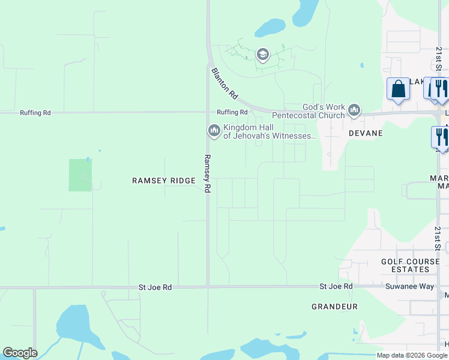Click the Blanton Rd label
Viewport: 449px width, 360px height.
(x=225, y=83)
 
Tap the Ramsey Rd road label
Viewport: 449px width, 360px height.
(x=207, y=174)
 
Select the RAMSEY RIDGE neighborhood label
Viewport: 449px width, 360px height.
(x=164, y=181)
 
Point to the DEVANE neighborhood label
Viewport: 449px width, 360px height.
(x=366, y=133)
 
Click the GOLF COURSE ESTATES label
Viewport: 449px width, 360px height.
(x=406, y=266)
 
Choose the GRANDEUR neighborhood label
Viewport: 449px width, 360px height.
(x=334, y=307)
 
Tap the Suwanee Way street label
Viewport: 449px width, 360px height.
(x=409, y=287)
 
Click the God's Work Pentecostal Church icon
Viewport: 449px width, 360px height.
(x=354, y=110)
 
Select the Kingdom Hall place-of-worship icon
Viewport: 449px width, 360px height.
(x=214, y=131)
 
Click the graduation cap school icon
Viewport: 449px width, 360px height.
(x=262, y=55)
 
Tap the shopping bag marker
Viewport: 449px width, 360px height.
(x=398, y=89)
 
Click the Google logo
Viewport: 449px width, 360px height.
(x=20, y=353)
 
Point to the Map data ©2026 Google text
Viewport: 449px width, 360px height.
(x=412, y=355)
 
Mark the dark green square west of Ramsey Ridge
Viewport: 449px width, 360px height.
(x=80, y=175)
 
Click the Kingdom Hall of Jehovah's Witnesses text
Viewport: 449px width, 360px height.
(x=269, y=131)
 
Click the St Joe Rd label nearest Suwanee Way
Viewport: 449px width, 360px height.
(x=336, y=287)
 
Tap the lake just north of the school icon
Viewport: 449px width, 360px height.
(x=270, y=27)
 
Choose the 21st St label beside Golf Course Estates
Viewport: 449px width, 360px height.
(x=438, y=239)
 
